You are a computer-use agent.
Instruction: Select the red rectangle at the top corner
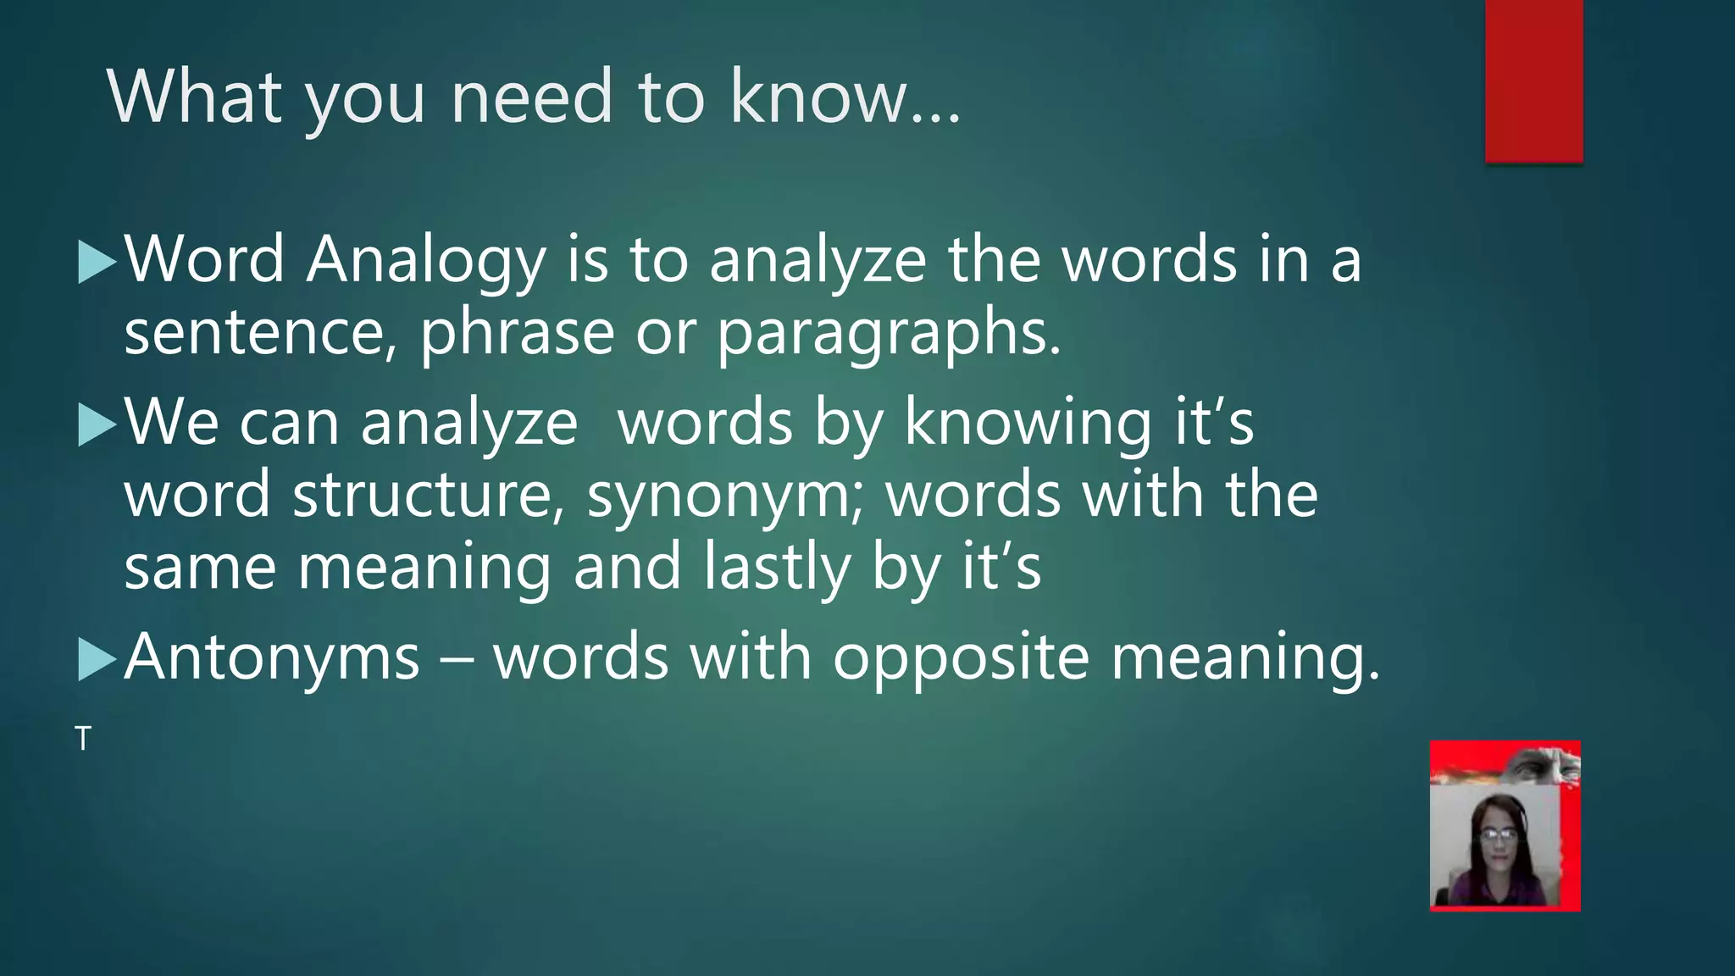pos(1533,80)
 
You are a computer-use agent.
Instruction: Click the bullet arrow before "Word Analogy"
pos(96,262)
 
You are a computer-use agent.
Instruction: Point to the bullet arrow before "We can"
pos(96,424)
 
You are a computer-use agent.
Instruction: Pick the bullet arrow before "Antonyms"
pos(96,659)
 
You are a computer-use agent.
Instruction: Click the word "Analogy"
pos(426,261)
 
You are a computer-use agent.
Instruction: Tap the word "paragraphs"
pos(889,333)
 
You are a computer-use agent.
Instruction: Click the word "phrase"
pos(517,333)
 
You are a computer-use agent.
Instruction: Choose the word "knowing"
pos(1028,424)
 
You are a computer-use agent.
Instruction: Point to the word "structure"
pos(428,496)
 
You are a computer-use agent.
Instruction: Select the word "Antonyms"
pos(272,657)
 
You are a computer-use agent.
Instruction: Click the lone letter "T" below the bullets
pos(82,739)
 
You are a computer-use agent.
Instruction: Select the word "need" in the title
pos(531,97)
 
